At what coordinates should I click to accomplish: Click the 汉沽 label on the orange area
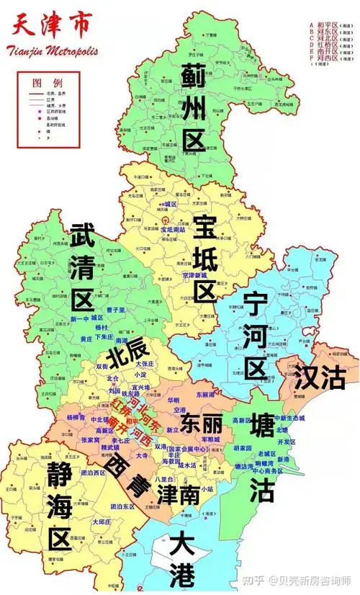320,377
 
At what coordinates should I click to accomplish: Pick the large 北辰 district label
127,353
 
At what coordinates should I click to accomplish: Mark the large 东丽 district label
202,421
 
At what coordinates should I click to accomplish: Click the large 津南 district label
178,495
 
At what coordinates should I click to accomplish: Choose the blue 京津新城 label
195,276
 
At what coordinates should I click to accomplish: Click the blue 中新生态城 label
290,418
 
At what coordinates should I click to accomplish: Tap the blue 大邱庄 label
102,521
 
